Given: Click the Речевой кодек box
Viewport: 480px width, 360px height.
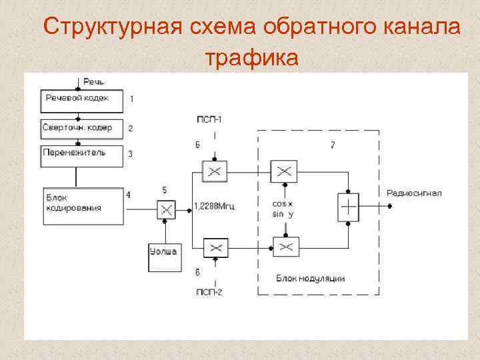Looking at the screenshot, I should [x=82, y=102].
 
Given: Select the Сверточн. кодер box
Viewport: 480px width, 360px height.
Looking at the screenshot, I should [x=82, y=127].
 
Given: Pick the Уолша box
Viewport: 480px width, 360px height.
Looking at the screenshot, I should [x=163, y=257].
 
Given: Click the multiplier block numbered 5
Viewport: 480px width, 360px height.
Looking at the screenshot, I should [x=167, y=210].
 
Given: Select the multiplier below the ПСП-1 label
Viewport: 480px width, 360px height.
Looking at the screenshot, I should [x=215, y=172].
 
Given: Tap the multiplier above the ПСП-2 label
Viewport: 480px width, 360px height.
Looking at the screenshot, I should [x=215, y=249].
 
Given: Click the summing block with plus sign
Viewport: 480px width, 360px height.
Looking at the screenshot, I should [x=348, y=207].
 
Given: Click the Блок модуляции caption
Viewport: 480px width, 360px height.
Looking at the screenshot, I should [x=310, y=278].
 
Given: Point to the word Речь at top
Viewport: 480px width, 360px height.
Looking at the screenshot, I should [x=93, y=82].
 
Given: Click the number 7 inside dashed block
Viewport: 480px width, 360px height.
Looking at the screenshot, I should [x=332, y=145].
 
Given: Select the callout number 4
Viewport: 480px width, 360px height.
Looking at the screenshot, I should [x=128, y=195].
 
